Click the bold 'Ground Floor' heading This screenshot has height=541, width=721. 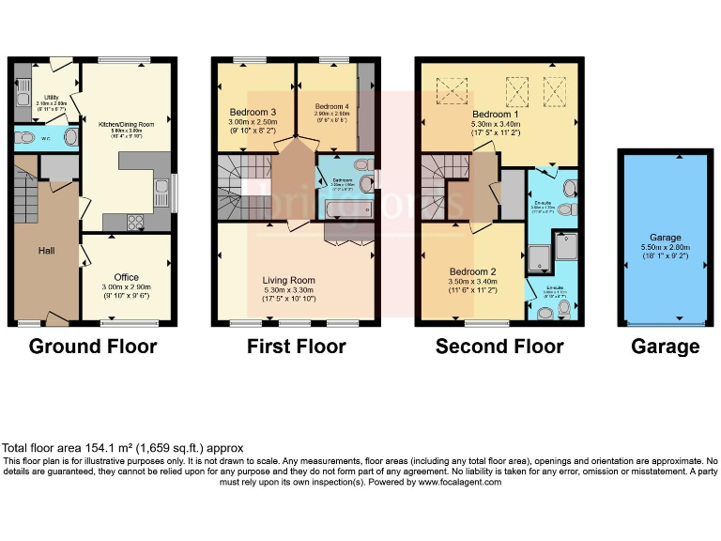[x=93, y=347]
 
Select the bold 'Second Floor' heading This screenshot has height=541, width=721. [x=499, y=347]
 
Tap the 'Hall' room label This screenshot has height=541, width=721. [x=47, y=252]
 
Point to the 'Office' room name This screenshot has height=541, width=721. [x=127, y=277]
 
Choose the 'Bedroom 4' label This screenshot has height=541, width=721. [x=331, y=106]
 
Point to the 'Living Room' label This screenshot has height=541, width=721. [x=289, y=280]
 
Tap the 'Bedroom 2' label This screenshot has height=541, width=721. [x=473, y=271]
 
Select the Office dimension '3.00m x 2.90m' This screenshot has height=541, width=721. [x=127, y=287]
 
